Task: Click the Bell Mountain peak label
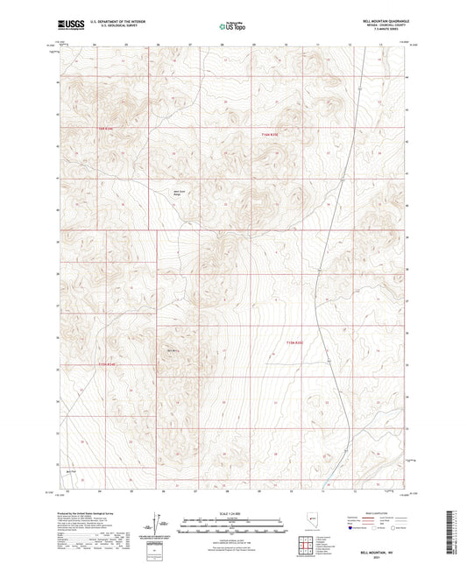click(172, 353)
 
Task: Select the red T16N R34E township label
click(106, 130)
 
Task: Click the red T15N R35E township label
click(299, 342)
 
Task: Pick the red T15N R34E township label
click(106, 364)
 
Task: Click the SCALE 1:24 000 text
click(233, 513)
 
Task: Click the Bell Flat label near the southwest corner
click(73, 472)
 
